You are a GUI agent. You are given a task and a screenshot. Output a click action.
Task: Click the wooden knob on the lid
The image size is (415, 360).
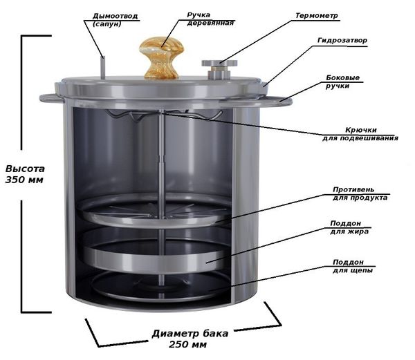click(162, 57)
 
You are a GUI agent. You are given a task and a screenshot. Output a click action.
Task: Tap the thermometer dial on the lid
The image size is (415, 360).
click(219, 64)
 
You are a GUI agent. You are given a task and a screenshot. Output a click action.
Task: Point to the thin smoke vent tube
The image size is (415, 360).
click(103, 68)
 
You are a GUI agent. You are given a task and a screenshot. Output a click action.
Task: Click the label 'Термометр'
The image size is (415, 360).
click(317, 16)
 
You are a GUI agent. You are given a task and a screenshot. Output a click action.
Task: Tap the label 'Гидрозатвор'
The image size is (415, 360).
click(342, 41)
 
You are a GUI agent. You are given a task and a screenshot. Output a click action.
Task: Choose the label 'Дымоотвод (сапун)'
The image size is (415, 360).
click(115, 20)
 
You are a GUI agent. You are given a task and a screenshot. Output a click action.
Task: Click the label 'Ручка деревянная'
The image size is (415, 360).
click(210, 19)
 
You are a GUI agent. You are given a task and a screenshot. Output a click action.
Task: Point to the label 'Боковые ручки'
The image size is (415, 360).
click(342, 82)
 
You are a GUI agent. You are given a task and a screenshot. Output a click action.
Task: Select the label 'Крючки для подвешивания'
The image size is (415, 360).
click(360, 134)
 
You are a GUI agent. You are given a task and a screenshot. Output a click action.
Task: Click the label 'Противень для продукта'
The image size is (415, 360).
click(360, 193)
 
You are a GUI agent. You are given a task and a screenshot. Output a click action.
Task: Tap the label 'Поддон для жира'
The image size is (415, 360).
click(349, 227)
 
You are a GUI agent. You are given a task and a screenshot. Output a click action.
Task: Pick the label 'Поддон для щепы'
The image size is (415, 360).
click(353, 266)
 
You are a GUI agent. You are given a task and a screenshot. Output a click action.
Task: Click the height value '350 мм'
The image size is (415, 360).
click(24, 180)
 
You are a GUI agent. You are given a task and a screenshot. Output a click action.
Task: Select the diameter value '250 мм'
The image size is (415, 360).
click(188, 345)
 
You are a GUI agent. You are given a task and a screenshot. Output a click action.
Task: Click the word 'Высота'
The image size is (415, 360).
click(25, 169)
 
